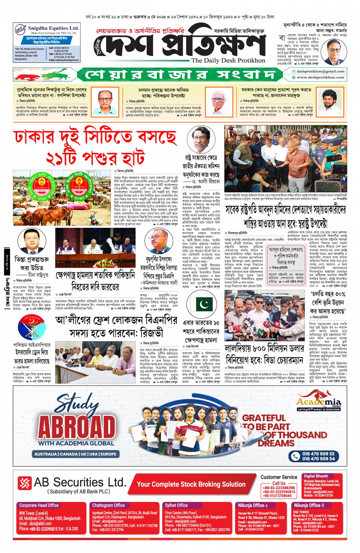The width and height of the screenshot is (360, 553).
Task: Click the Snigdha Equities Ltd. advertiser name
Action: [53, 28]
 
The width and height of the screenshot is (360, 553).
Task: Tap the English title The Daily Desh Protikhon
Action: [228, 61]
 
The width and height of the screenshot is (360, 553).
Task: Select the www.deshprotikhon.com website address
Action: [320, 77]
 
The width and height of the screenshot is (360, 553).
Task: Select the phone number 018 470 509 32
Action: [318, 454]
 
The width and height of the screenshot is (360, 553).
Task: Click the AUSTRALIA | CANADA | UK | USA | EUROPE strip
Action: [75, 454]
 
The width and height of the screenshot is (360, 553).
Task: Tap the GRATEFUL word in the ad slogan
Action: [264, 418]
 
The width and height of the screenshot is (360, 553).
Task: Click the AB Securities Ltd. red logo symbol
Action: [24, 483]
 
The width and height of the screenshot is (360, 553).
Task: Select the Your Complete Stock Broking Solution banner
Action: [191, 484]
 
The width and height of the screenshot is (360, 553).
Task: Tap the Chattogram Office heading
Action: [109, 505]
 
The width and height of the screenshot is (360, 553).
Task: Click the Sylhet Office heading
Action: [176, 505]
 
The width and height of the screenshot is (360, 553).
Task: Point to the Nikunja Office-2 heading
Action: [309, 505]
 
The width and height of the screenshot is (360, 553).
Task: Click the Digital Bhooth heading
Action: [316, 476]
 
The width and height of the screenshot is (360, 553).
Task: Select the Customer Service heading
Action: [279, 477]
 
